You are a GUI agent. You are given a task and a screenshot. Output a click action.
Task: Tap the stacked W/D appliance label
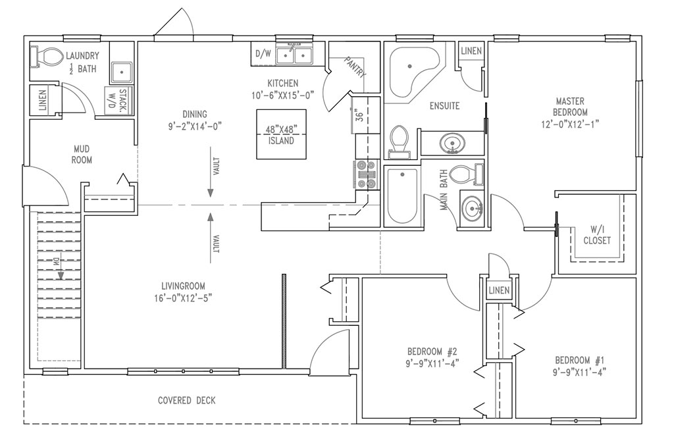(117, 101)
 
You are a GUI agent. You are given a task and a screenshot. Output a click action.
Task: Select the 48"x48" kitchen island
(281, 134)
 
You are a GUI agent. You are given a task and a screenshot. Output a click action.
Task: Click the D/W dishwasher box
(261, 55)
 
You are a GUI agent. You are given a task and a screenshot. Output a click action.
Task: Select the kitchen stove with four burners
(366, 174)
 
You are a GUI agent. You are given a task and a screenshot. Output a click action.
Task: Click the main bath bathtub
(401, 196)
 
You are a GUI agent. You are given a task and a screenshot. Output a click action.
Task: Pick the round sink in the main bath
(472, 209)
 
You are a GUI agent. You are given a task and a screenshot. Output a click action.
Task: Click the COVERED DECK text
(186, 400)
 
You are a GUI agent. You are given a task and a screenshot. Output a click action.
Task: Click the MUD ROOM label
(82, 155)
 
